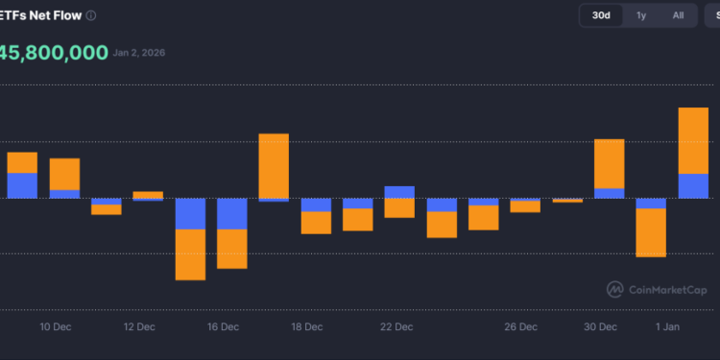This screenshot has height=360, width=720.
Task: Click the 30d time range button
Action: coord(601,15)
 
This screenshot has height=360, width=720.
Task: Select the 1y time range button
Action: coord(641,15)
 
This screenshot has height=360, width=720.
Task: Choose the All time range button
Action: coord(678,15)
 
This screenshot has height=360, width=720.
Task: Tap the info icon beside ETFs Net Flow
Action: coord(90,16)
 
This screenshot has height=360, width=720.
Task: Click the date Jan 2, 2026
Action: coord(140,53)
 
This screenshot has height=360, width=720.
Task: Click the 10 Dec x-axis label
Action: coord(55,327)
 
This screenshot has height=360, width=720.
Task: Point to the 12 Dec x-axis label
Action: coord(139,327)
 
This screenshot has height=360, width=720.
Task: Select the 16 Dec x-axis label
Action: coord(223,327)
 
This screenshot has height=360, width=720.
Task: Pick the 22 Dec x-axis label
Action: coord(396,327)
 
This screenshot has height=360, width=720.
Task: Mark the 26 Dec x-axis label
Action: coord(521,327)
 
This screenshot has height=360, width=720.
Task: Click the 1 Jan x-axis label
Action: coord(667,327)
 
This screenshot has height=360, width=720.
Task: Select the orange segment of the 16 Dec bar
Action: coord(232,249)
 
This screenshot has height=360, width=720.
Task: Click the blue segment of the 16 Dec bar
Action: coord(232,214)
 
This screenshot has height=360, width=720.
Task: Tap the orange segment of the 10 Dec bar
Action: coord(64,174)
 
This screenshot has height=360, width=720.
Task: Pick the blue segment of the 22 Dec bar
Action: coord(399,192)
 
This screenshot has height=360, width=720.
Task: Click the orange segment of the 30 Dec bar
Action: coord(610,163)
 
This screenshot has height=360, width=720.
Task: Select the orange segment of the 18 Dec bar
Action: coord(316,223)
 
